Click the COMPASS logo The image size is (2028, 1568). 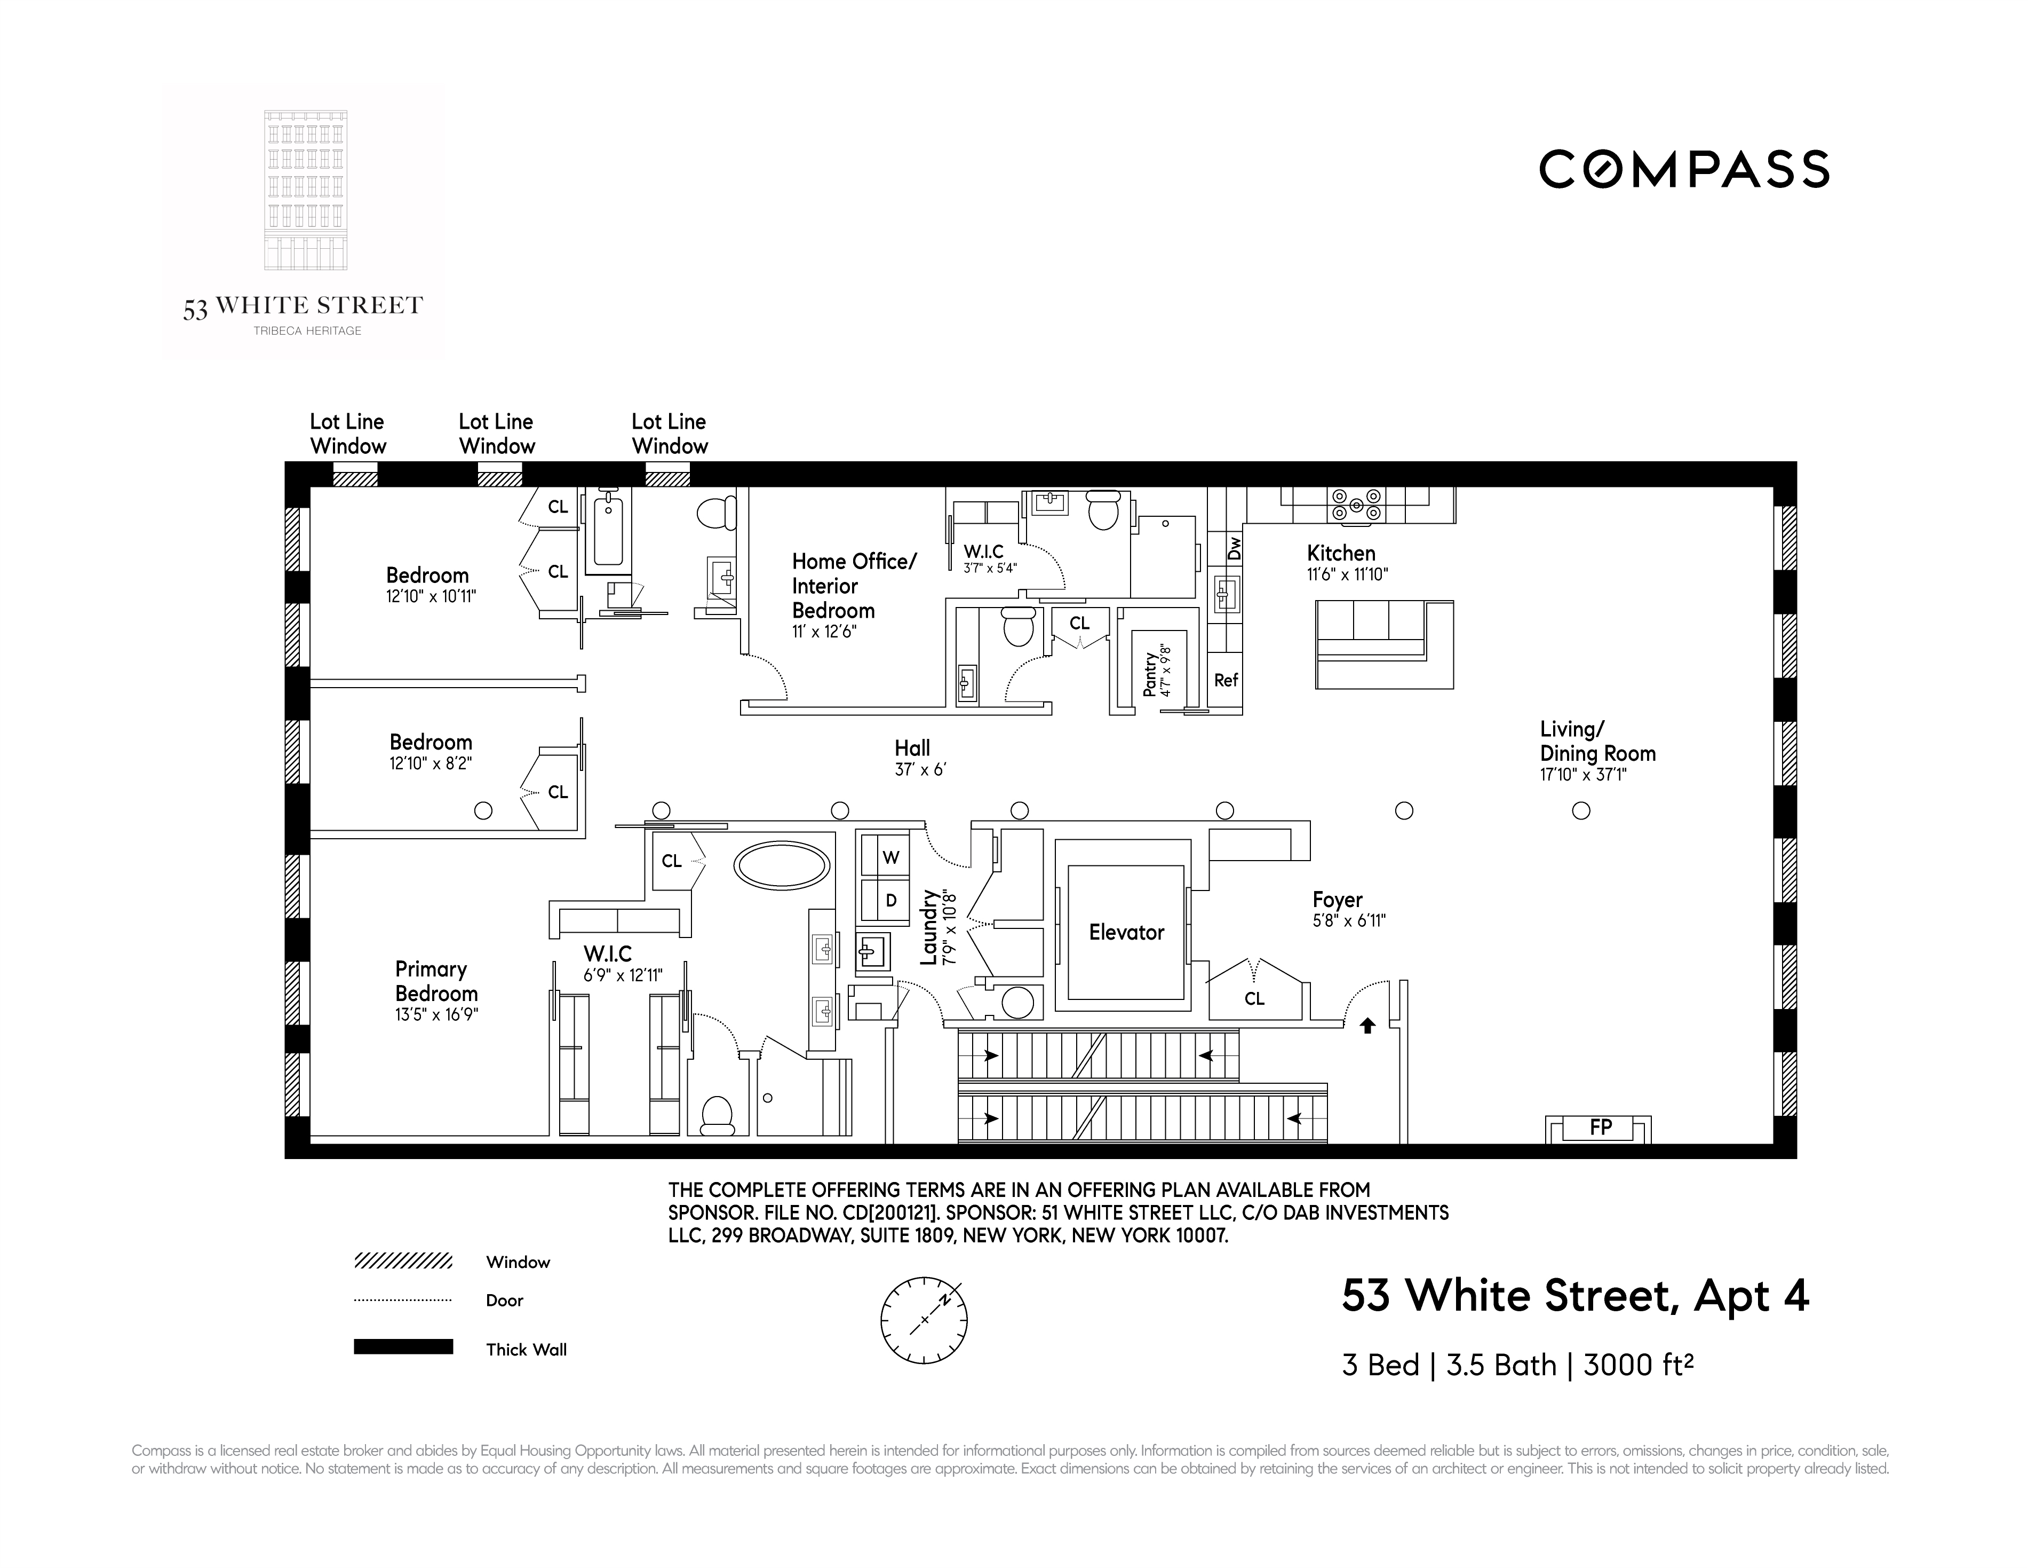click(1683, 170)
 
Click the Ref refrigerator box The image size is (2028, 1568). click(1226, 681)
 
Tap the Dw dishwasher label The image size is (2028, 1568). click(1234, 548)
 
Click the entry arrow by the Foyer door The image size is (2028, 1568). click(1367, 1026)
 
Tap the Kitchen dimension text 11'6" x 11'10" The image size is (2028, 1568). click(1347, 575)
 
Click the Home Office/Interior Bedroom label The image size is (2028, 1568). click(853, 586)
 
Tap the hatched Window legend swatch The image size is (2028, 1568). click(403, 1262)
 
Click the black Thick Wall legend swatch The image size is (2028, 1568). click(403, 1347)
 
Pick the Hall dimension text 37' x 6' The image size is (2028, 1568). click(919, 770)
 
